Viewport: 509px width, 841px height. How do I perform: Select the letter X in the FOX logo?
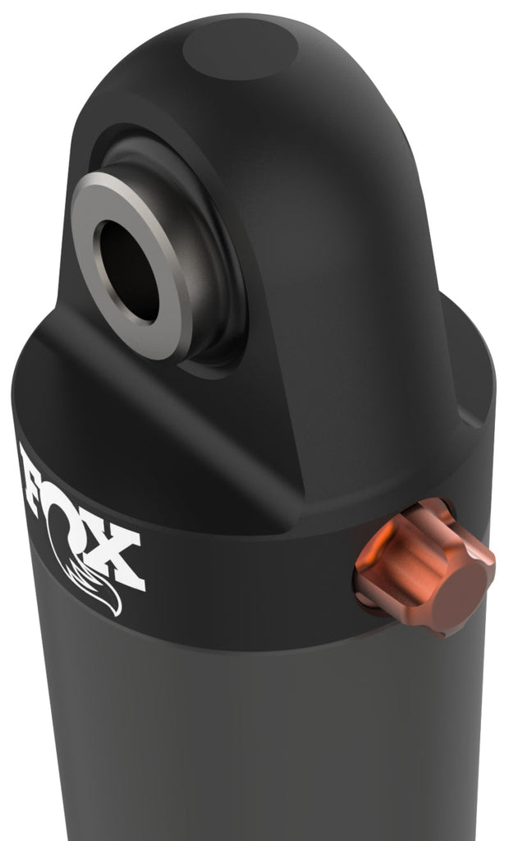coord(120,559)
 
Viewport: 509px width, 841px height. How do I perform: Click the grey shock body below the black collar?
coord(246,739)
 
